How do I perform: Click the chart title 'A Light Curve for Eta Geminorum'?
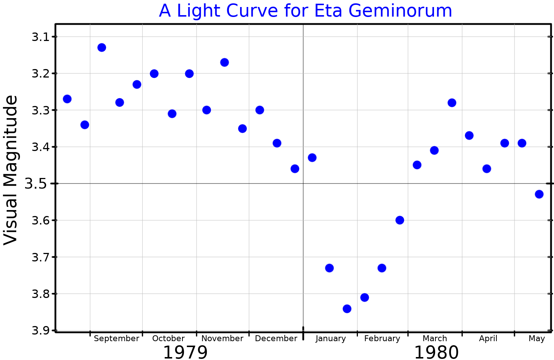(x=305, y=11)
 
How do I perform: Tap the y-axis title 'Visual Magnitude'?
(x=11, y=170)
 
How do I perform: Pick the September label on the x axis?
(x=116, y=339)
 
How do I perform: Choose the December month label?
(x=276, y=339)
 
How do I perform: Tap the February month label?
(x=382, y=339)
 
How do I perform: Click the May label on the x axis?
(x=536, y=339)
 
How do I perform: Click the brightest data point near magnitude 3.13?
(x=102, y=47)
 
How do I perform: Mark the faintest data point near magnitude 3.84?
(x=347, y=309)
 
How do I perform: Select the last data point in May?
(x=539, y=194)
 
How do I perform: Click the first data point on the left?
(x=67, y=99)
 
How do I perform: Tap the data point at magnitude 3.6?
(x=400, y=220)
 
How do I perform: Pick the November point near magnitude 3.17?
(x=224, y=62)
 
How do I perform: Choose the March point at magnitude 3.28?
(x=452, y=103)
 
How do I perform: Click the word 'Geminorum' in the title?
(x=400, y=11)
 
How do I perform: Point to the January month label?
(x=331, y=339)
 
